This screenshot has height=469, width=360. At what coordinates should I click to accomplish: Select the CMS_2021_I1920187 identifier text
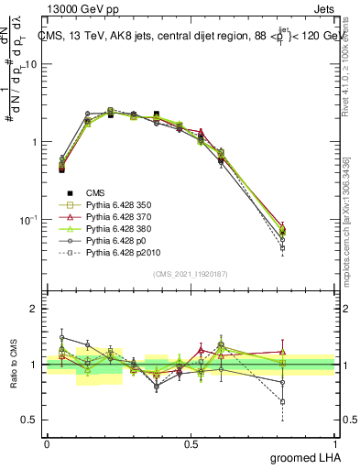[190, 274]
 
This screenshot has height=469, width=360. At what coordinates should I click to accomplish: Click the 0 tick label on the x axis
[47, 443]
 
